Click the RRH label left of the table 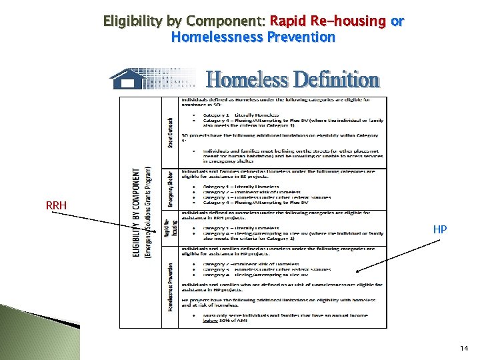tap(57, 205)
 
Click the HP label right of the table tap(440, 229)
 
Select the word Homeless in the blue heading tap(247, 80)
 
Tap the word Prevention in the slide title tap(301, 37)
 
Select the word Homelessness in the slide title tap(217, 37)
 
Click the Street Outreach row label tap(171, 133)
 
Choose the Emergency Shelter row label tap(171, 189)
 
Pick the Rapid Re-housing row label tap(171, 228)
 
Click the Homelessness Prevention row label tap(171, 287)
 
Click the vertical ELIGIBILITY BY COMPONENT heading tap(137, 212)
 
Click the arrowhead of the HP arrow tap(357, 271)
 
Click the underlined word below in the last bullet tap(211, 321)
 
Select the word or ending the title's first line tap(397, 21)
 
